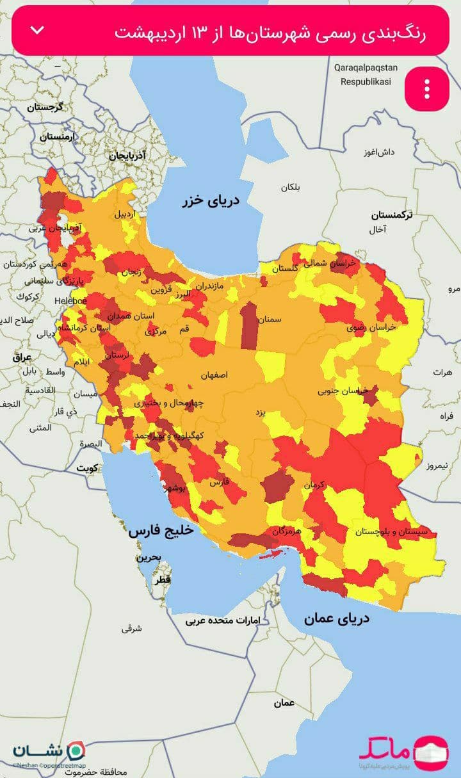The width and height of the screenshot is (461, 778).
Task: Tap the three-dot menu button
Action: (427, 89)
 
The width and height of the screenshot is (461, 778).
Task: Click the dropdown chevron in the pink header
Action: (38, 30)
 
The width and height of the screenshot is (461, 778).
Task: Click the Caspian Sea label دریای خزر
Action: (210, 200)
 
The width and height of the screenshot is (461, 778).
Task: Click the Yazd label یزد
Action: (261, 412)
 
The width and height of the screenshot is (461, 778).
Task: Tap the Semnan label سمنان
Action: (270, 318)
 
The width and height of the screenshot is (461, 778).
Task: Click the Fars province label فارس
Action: (218, 482)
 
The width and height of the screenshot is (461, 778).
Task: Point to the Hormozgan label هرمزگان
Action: (287, 531)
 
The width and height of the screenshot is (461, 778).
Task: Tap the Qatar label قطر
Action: (162, 580)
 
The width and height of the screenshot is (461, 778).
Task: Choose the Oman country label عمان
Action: (284, 703)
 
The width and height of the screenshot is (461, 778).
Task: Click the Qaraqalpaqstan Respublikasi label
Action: (366, 74)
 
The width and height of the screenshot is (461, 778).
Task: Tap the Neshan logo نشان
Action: (49, 750)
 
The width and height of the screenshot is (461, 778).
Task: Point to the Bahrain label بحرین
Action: (148, 558)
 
